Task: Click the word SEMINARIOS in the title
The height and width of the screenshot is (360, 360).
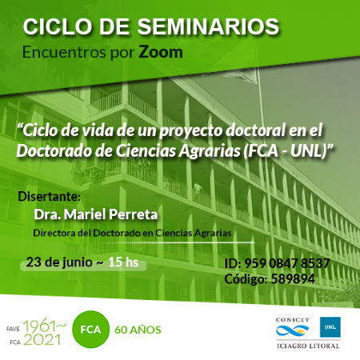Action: (208, 26)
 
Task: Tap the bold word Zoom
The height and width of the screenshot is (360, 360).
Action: (161, 52)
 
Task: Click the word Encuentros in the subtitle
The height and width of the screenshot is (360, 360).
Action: (65, 52)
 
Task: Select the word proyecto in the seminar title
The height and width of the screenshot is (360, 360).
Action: (190, 131)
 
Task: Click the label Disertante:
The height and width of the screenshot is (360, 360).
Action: (49, 197)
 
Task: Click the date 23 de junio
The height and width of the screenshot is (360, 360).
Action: (59, 262)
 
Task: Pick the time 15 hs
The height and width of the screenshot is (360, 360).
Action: (123, 262)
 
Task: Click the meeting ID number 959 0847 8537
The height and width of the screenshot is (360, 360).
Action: (287, 263)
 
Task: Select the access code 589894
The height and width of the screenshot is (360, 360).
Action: (293, 279)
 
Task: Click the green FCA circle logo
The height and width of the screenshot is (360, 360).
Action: (90, 330)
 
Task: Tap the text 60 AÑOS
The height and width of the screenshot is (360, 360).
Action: (138, 330)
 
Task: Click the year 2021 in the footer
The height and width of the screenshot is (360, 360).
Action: (42, 340)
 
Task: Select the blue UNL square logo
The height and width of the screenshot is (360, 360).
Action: (330, 327)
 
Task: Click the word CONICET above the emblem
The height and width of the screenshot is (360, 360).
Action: (293, 320)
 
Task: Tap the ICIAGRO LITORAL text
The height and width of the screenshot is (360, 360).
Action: (308, 346)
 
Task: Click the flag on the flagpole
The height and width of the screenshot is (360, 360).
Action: (240, 76)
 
